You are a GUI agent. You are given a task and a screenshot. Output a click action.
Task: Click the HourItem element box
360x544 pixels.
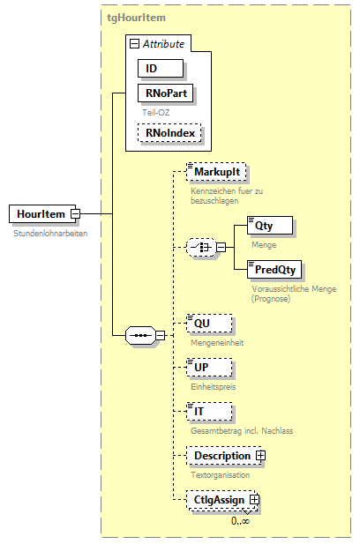[x=40, y=213]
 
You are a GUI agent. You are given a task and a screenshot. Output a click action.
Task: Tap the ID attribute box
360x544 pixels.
[x=160, y=68]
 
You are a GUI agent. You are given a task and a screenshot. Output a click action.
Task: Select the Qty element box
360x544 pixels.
[x=270, y=226]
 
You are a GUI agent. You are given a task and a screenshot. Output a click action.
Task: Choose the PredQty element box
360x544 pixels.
[x=274, y=269]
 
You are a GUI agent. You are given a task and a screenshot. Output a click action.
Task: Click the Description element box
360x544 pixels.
[x=221, y=456]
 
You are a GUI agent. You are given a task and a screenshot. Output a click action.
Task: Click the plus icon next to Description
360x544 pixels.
[x=261, y=456]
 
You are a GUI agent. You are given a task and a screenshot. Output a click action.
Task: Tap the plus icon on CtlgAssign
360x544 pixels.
[x=255, y=500]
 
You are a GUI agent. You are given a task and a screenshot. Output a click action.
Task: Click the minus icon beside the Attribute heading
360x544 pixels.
[x=133, y=43]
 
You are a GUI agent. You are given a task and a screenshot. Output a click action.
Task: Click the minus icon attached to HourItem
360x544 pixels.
[x=76, y=213]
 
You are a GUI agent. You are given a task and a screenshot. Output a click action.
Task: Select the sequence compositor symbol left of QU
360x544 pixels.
[x=140, y=335]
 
